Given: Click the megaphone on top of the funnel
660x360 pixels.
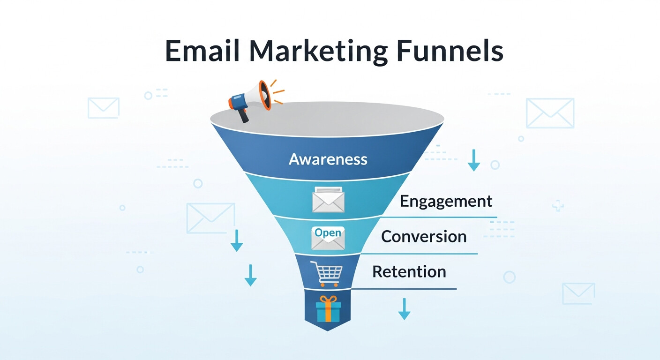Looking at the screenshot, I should (x=251, y=97).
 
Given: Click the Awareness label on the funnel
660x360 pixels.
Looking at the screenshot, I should (x=328, y=159).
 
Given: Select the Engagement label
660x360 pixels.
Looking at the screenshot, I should (x=446, y=202).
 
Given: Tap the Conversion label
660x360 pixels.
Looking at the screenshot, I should (x=424, y=236).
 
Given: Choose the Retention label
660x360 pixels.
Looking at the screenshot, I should (x=409, y=272).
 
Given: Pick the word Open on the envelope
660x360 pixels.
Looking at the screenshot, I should (x=328, y=232).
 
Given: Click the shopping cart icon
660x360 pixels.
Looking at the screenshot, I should (x=329, y=273).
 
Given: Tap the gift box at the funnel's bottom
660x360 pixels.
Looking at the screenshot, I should (x=328, y=309).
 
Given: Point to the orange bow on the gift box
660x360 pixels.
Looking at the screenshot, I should (x=328, y=300).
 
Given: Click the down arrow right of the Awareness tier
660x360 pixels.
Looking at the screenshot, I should (x=474, y=160).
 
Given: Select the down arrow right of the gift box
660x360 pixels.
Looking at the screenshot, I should (x=404, y=309).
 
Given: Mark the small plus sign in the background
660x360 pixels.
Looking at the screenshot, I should (x=558, y=206).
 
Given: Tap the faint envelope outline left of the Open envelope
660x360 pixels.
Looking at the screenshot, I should (x=210, y=218).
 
